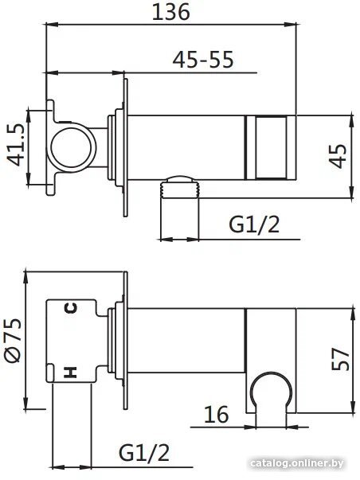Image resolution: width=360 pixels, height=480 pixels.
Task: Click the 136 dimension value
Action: click(x=171, y=13)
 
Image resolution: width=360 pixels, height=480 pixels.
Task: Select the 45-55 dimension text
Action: click(x=203, y=60)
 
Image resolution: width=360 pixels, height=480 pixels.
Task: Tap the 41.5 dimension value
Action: click(x=16, y=145)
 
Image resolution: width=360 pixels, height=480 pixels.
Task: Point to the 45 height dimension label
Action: click(x=338, y=156)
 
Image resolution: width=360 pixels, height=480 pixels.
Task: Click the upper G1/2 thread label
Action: click(x=254, y=225)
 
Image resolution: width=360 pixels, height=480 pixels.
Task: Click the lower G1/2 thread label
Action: click(x=144, y=453)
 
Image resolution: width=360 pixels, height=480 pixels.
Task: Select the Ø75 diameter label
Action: click(x=13, y=340)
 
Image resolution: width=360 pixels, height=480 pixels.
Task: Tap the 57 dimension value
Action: click(x=340, y=359)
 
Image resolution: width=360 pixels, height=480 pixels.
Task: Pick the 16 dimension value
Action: click(x=217, y=414)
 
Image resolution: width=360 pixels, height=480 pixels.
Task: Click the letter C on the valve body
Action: click(x=71, y=307)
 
